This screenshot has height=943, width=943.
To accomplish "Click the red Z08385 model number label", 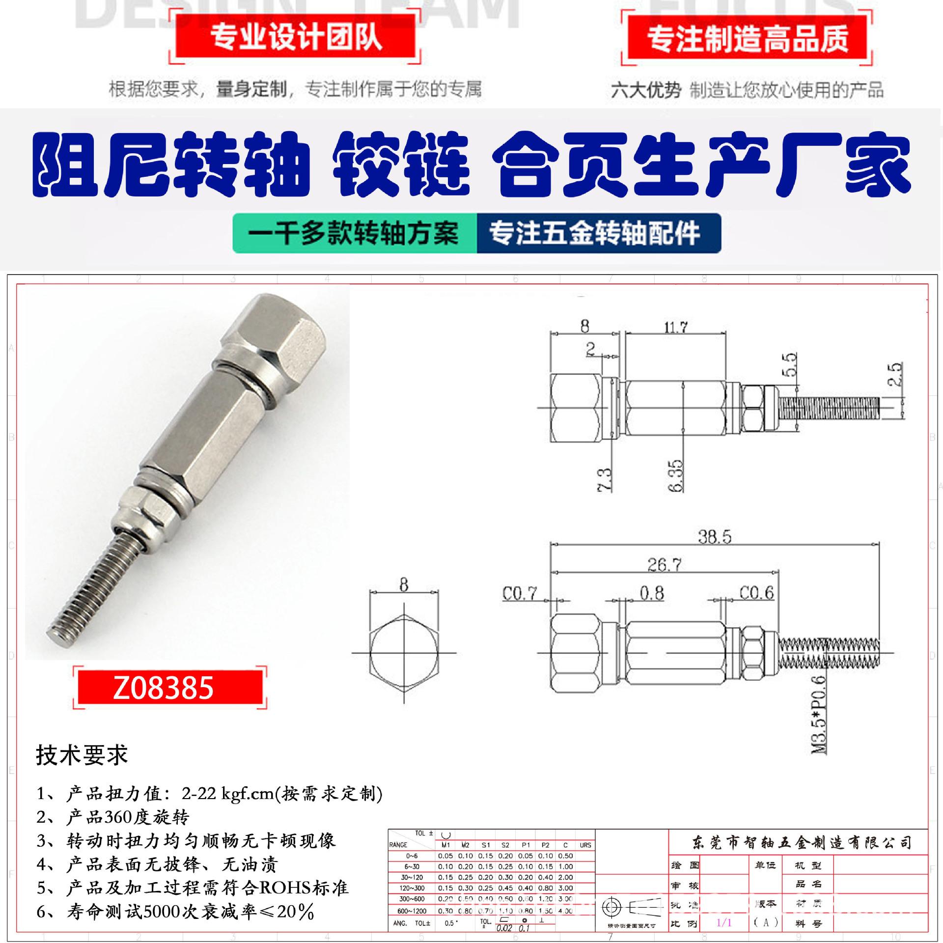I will pyautogui.click(x=164, y=688).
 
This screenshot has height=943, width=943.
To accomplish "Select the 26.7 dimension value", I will pyautogui.click(x=664, y=565).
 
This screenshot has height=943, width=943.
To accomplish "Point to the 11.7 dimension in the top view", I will pyautogui.click(x=676, y=327).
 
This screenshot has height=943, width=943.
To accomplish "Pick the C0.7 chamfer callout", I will pyautogui.click(x=520, y=594).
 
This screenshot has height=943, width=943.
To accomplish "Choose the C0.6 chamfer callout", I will pyautogui.click(x=756, y=593).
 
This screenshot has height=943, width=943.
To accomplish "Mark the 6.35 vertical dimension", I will pyautogui.click(x=676, y=475).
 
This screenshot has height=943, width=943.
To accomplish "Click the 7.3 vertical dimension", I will pyautogui.click(x=606, y=479).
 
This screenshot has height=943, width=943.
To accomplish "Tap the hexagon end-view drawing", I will pyautogui.click(x=403, y=653).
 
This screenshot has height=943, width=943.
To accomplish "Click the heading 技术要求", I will pyautogui.click(x=82, y=755).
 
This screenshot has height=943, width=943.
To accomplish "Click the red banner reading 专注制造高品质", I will pyautogui.click(x=747, y=39).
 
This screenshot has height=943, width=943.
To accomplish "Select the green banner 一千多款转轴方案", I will pyautogui.click(x=354, y=233).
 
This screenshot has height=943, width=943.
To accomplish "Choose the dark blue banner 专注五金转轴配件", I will pyautogui.click(x=594, y=233).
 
